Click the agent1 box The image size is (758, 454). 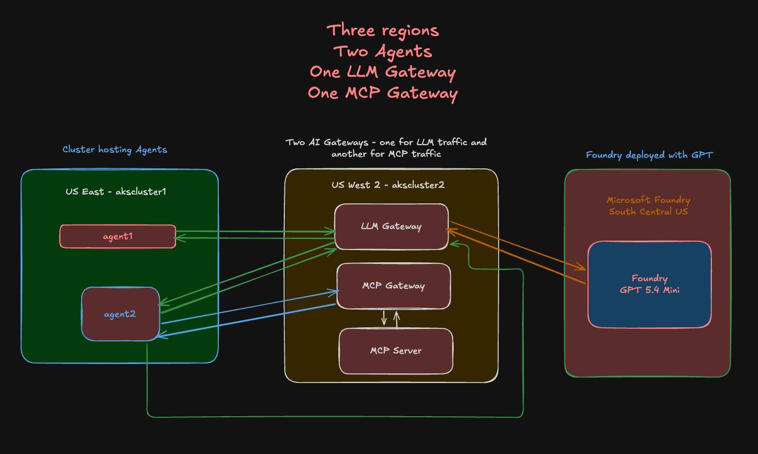point(118,236)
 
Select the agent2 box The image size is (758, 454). point(121,314)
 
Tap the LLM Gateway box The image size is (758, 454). point(391,226)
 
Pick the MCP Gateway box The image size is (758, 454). point(393,286)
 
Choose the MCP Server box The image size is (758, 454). point(395,351)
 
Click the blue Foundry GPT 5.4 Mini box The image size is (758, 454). point(649,284)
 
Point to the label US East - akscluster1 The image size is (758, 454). point(116,192)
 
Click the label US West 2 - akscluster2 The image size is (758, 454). point(388,184)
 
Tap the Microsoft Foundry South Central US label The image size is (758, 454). point(648,206)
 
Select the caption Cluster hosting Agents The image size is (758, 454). point(114,149)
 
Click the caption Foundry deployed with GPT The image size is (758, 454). point(649,155)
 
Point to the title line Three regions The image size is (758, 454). point(383,30)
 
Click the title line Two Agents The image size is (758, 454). point(383,51)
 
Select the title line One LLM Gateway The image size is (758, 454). point(383,72)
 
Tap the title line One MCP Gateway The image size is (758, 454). point(383,93)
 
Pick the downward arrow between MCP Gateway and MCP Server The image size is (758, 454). point(384,319)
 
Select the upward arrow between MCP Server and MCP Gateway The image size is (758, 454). point(396,319)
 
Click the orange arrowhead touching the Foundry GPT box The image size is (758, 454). point(582,268)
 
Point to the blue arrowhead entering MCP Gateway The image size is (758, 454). point(335,291)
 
